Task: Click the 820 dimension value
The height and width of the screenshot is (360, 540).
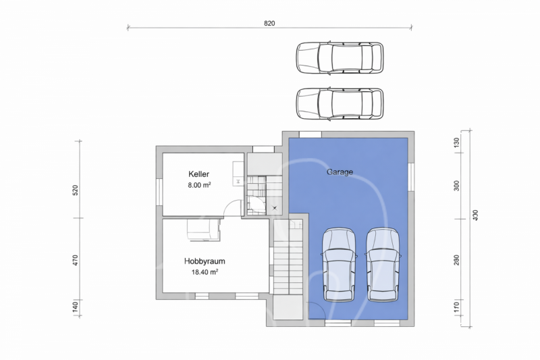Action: [x=269, y=24]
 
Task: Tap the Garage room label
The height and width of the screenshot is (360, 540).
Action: [x=340, y=172]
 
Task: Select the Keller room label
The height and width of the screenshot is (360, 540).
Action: [x=198, y=174]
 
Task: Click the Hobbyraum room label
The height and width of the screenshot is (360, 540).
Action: [x=205, y=261]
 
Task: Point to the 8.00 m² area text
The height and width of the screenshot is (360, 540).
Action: [x=199, y=185]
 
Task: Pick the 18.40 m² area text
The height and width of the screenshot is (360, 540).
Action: [x=205, y=272]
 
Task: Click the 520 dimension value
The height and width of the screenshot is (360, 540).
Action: [x=76, y=190]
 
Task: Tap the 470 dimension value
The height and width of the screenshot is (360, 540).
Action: [x=76, y=260]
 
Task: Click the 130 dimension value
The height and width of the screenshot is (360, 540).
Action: [x=456, y=143]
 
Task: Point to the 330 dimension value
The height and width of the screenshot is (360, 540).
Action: [x=475, y=215]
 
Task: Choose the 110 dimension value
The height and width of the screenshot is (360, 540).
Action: [x=456, y=306]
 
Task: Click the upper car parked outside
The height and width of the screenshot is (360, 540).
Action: [x=340, y=58]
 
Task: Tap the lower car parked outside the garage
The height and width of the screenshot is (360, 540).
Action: [x=340, y=104]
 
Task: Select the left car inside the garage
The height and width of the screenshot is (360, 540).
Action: [x=340, y=265]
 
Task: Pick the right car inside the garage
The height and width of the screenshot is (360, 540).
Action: [x=383, y=265]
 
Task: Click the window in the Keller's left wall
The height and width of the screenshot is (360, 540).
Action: [x=159, y=192]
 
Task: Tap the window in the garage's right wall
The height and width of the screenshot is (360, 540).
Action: [x=411, y=177]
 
